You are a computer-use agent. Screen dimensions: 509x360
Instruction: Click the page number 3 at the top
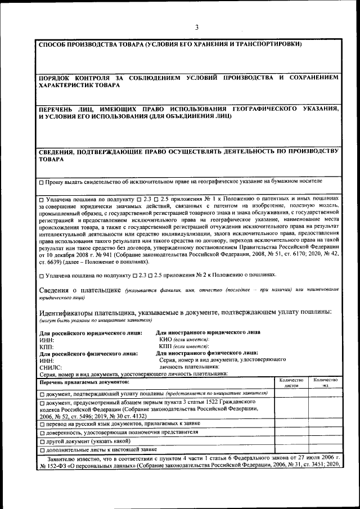[197, 27]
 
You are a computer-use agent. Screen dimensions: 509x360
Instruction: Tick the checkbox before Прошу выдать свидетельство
[42, 182]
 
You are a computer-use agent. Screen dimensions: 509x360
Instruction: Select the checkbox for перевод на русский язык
[42, 423]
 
